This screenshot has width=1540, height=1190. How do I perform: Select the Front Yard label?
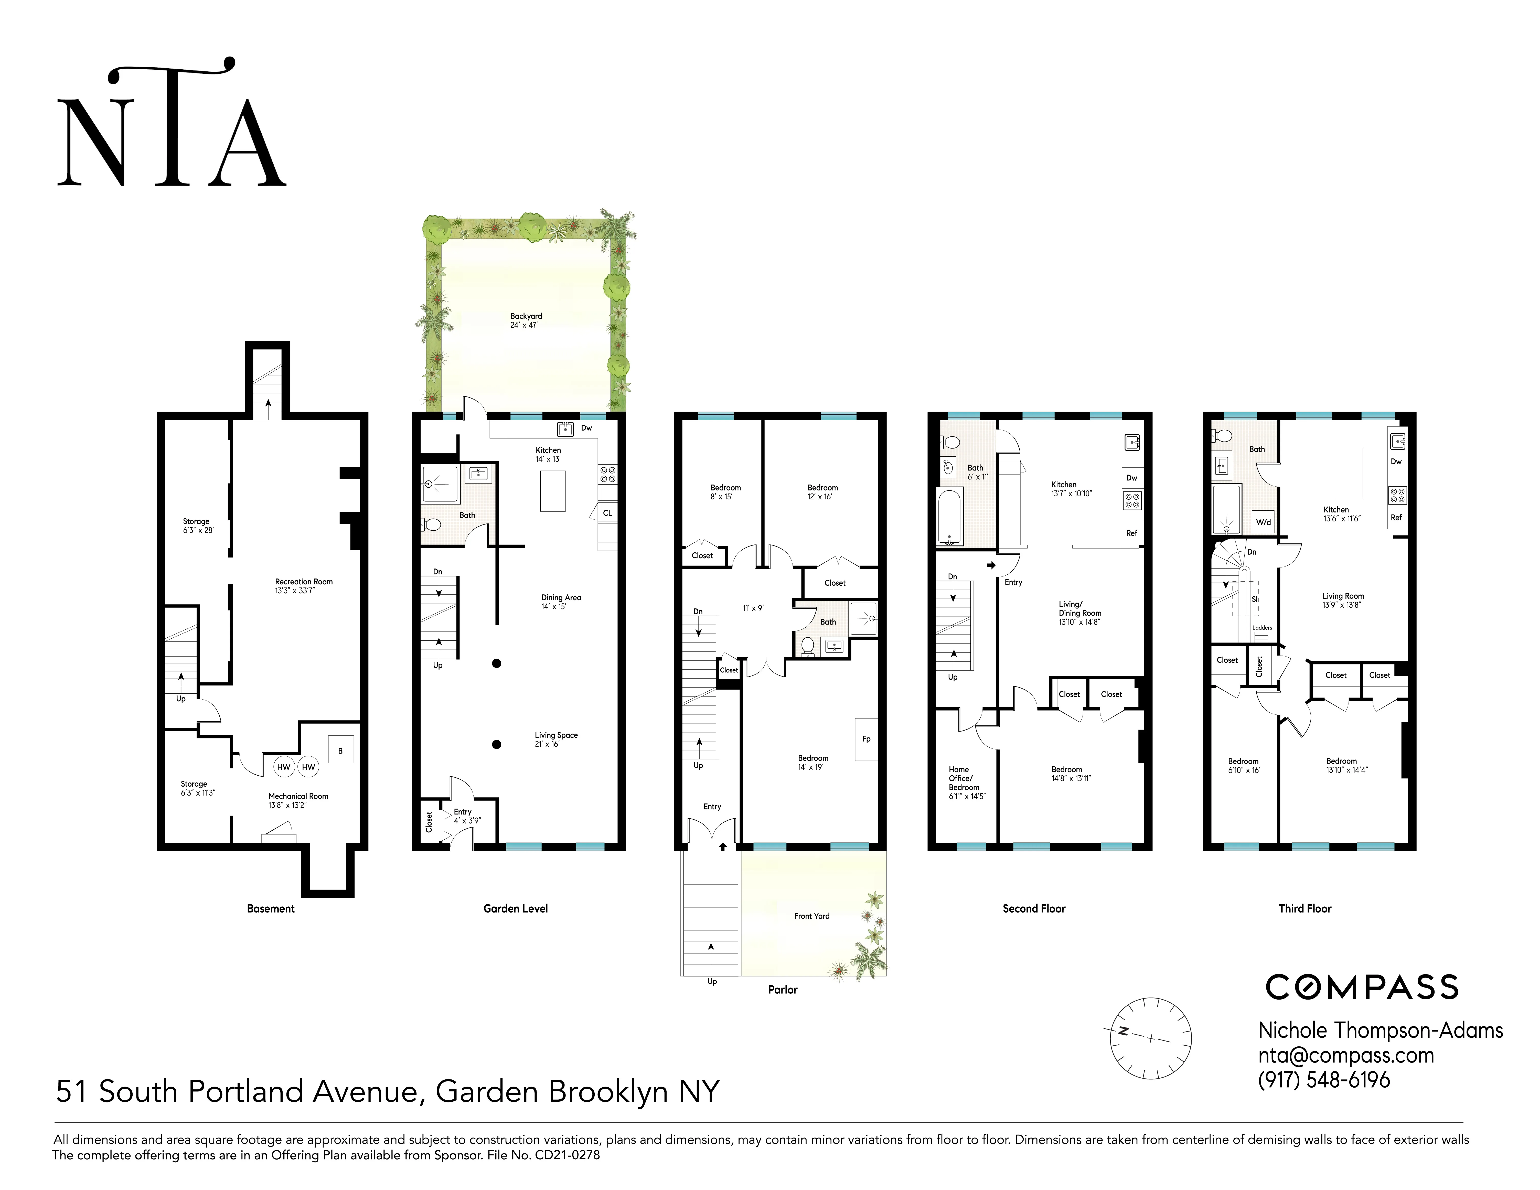[812, 916]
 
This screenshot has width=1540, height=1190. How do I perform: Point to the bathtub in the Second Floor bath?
[950, 517]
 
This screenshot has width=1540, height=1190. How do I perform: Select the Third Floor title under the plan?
[1304, 909]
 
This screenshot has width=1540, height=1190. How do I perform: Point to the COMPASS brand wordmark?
[1362, 987]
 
